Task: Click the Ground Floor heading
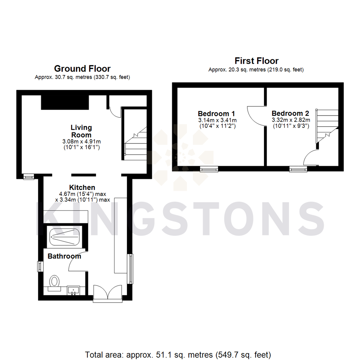pyautogui.click(x=82, y=69)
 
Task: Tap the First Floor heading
pyautogui.click(x=256, y=61)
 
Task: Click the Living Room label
pyautogui.click(x=81, y=131)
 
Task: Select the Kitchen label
pyautogui.click(x=82, y=187)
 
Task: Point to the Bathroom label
pyautogui.click(x=64, y=256)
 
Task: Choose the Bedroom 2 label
pyautogui.click(x=290, y=113)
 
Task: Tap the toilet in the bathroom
pyautogui.click(x=54, y=282)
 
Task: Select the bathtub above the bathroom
pyautogui.click(x=65, y=236)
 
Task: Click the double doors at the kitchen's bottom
pyautogui.click(x=107, y=293)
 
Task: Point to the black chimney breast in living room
pyautogui.click(x=65, y=102)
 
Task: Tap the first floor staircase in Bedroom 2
pyautogui.click(x=327, y=125)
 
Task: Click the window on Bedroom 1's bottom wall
pyautogui.click(x=209, y=169)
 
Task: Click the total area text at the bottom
pyautogui.click(x=178, y=354)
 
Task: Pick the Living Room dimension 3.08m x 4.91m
pyautogui.click(x=81, y=141)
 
